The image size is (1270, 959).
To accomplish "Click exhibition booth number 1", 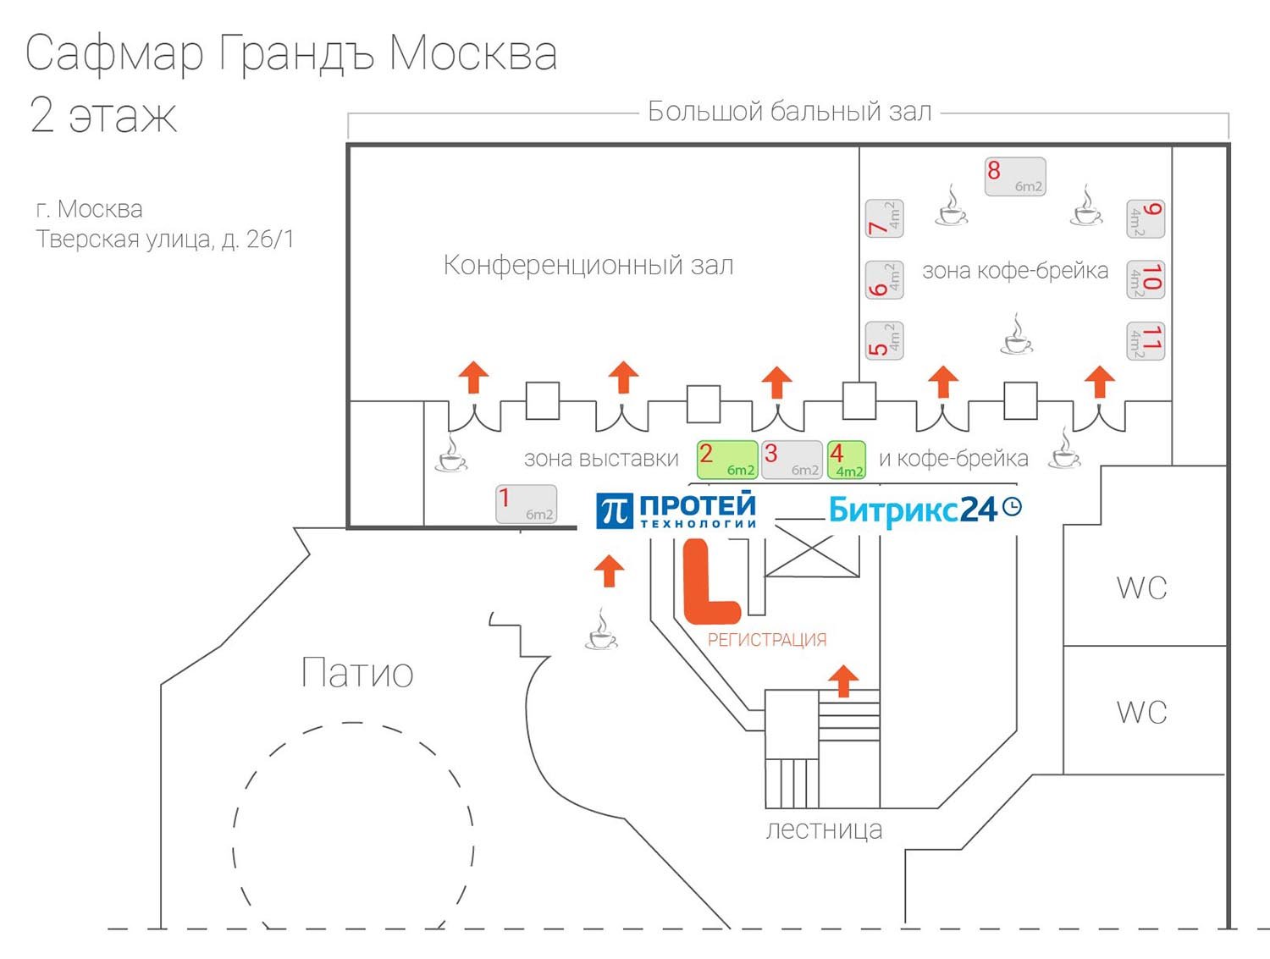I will point(526,504).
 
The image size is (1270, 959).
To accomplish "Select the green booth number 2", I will point(726,460).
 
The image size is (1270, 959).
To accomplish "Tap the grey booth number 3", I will point(792,460).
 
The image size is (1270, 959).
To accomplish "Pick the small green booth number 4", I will point(846,460).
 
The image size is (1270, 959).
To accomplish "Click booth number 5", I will point(884,340).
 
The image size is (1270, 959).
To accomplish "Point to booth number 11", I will point(1145,340).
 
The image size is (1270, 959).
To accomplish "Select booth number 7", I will point(884,218).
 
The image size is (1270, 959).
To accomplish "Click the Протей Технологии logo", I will point(676,510).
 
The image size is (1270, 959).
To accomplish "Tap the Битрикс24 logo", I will point(924,510).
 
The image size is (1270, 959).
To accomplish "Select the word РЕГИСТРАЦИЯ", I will point(767,640).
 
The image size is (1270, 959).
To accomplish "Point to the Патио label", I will point(357,673).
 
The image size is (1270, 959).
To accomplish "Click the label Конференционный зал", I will point(588,265).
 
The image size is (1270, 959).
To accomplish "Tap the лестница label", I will point(824,829).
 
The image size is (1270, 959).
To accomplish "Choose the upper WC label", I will point(1141,587).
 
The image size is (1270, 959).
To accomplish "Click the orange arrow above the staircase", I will point(842,680).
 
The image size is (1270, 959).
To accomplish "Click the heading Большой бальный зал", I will point(789,111).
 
